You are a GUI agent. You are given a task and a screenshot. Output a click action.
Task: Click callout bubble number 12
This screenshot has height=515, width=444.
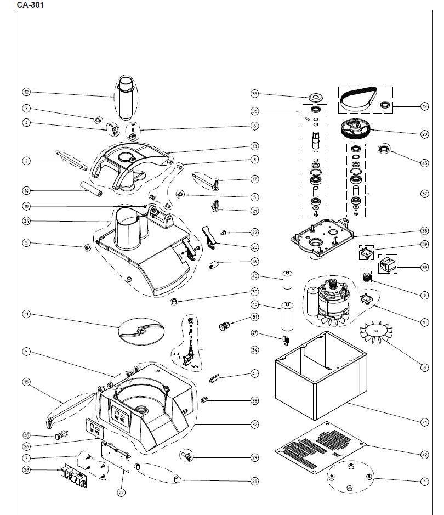tap(26, 92)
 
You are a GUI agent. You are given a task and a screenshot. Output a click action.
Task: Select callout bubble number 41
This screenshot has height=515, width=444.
tap(424, 422)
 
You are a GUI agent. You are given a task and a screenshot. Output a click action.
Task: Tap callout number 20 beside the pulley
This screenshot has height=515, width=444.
tap(424, 133)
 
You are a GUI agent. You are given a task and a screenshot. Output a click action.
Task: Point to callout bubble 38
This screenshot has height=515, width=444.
tap(424, 231)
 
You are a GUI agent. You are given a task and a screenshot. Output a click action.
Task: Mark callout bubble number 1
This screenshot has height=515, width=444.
tap(424, 482)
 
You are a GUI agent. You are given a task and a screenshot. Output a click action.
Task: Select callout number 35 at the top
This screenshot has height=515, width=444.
tap(254, 93)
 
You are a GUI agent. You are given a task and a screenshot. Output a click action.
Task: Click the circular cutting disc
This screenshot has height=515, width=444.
tap(141, 332)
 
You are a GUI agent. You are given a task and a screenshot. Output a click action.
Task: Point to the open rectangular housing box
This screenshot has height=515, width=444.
tap(318, 373)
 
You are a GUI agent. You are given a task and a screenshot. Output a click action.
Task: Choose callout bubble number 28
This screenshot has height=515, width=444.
tap(26, 470)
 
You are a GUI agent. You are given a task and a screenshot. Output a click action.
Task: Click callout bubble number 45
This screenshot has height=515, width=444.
tap(424, 162)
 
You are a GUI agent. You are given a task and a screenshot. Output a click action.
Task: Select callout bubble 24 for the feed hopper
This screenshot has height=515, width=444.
tap(26, 222)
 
